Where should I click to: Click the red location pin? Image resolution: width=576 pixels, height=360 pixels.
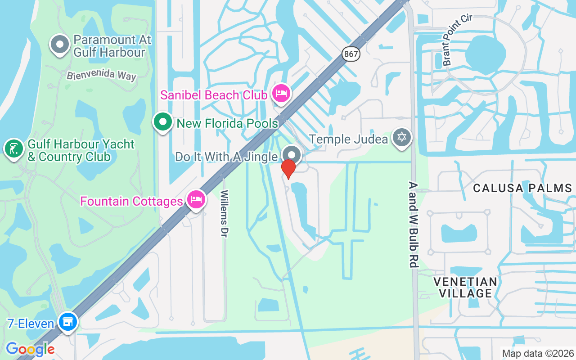click(x=288, y=169)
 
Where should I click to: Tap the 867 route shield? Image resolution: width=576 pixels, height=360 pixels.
click(x=350, y=54)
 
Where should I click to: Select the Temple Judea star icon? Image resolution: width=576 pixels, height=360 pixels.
click(x=401, y=137)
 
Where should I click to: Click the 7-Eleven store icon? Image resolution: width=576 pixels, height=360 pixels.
click(x=68, y=321)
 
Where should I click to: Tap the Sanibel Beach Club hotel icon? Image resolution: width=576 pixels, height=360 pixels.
click(x=281, y=93)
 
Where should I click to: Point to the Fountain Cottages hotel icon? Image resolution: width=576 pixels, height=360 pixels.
click(x=196, y=199)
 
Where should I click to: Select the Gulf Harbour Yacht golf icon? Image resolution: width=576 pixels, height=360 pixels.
click(x=14, y=148)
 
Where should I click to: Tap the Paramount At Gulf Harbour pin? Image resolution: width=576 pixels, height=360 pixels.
click(x=59, y=44)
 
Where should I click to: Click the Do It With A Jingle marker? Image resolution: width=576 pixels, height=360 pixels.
click(x=292, y=155)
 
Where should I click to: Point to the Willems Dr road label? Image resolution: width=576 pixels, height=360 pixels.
click(x=224, y=214)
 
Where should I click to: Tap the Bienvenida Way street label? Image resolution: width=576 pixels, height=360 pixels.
click(x=101, y=75)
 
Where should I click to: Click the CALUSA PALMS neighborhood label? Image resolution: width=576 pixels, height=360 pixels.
click(x=522, y=188)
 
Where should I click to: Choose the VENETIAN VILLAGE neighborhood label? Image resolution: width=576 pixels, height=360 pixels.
click(x=465, y=288)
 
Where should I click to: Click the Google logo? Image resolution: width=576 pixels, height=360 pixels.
click(x=30, y=349)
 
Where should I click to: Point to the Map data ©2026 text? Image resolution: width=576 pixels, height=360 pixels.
click(x=538, y=353)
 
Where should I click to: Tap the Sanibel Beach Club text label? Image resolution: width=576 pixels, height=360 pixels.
click(x=213, y=95)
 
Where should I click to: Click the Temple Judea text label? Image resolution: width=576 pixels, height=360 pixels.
click(x=349, y=139)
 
